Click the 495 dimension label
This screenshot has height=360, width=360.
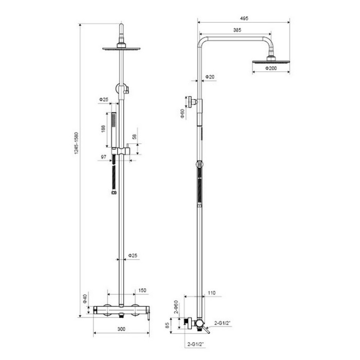coord(244,18)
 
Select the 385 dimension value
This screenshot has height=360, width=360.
coord(237,30)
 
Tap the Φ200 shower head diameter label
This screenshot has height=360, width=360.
coord(271,68)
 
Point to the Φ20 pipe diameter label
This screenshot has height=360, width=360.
coord(210,77)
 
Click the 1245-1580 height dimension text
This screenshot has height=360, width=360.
coord(76,143)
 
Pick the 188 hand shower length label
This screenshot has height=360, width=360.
coord(103,129)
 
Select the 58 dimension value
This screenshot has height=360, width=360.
coord(134,136)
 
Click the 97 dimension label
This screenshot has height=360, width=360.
coord(104,157)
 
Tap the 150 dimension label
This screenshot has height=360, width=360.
coord(142,291)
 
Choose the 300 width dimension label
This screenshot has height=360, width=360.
coord(121,329)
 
